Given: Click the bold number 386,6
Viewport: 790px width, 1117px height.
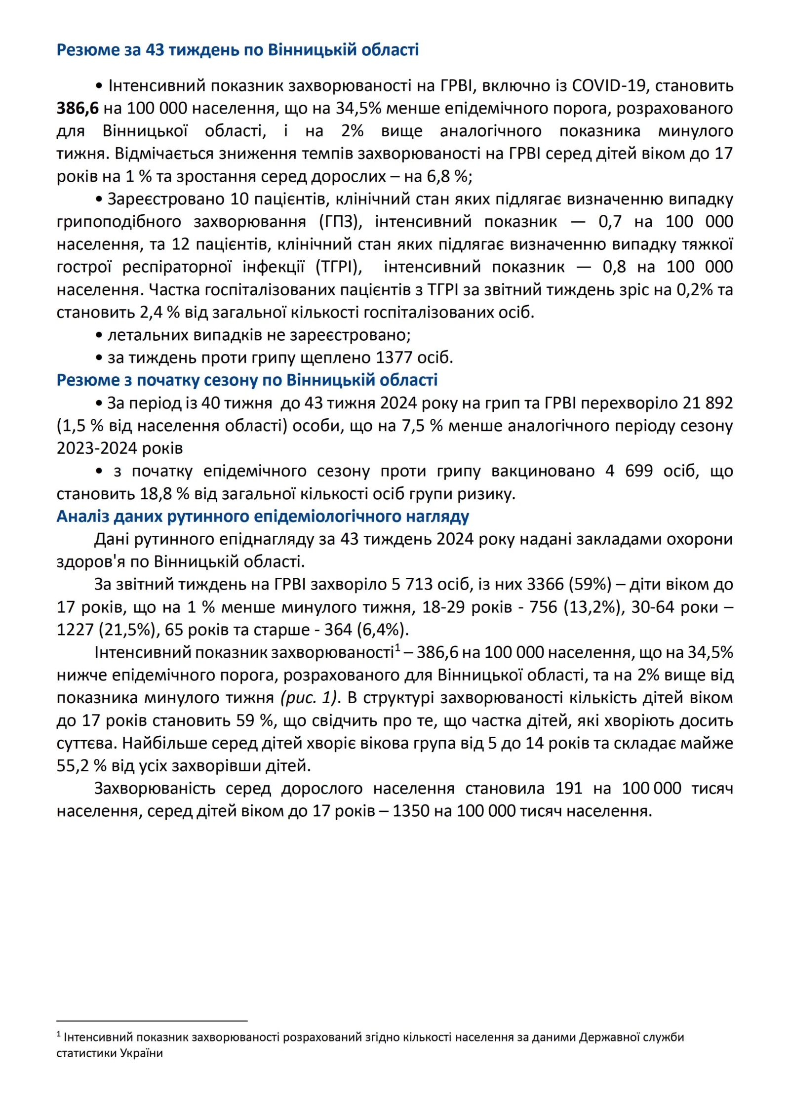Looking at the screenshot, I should (78, 108).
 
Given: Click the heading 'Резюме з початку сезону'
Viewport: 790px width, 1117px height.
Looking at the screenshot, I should (247, 380).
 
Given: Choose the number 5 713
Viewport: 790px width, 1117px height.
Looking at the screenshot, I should (413, 584).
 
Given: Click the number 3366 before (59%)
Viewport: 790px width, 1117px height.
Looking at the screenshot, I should (545, 584).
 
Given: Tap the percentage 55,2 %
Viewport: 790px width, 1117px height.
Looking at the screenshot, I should (81, 765).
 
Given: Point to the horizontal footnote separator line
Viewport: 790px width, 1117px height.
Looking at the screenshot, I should (152, 1016).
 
